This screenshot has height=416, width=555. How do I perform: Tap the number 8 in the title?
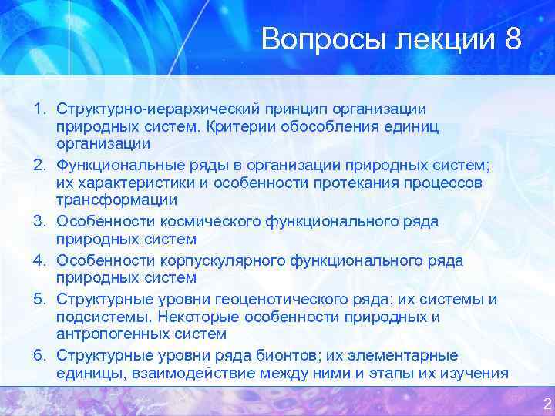tap(514, 39)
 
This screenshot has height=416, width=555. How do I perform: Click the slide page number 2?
tap(547, 404)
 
